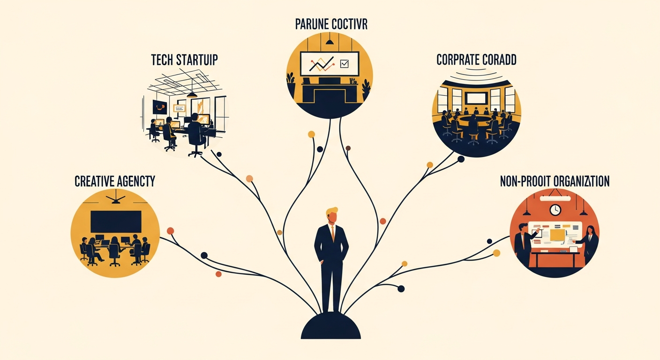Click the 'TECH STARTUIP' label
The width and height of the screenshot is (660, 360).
click(184, 60)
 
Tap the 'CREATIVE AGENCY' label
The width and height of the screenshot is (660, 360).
click(115, 181)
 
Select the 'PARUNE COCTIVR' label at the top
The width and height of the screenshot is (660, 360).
click(331, 24)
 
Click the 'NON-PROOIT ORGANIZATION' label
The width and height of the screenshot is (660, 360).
click(555, 181)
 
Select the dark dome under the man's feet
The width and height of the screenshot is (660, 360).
click(331, 326)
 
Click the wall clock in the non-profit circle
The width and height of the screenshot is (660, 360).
click(555, 210)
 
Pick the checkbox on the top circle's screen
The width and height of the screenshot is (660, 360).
click(344, 63)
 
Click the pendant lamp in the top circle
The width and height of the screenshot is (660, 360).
click(330, 42)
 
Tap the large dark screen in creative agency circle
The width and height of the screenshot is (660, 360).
click(116, 222)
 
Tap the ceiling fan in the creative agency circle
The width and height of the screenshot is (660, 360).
click(115, 200)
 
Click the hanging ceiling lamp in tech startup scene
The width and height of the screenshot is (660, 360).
click(192, 94)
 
